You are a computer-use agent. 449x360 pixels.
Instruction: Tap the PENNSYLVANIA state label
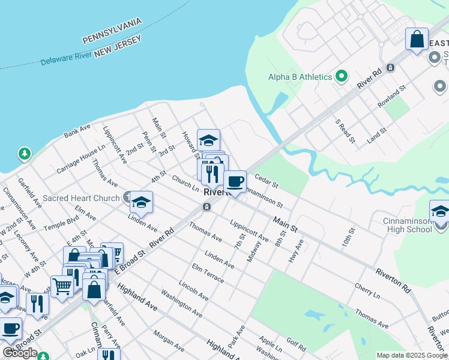point(112,31)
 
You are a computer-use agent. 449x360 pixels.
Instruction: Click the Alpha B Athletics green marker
point(342,76)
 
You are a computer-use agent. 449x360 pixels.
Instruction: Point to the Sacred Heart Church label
point(82,198)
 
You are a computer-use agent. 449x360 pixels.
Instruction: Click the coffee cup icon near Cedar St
point(235,181)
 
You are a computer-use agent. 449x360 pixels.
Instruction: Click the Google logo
point(20,353)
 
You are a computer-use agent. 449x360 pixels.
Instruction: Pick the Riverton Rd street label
point(393,280)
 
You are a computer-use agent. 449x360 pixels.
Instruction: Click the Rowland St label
point(392,96)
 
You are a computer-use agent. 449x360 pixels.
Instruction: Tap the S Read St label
point(345,131)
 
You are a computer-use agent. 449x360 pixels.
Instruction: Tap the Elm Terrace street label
point(208,273)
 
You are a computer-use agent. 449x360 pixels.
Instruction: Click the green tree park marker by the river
point(25,154)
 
